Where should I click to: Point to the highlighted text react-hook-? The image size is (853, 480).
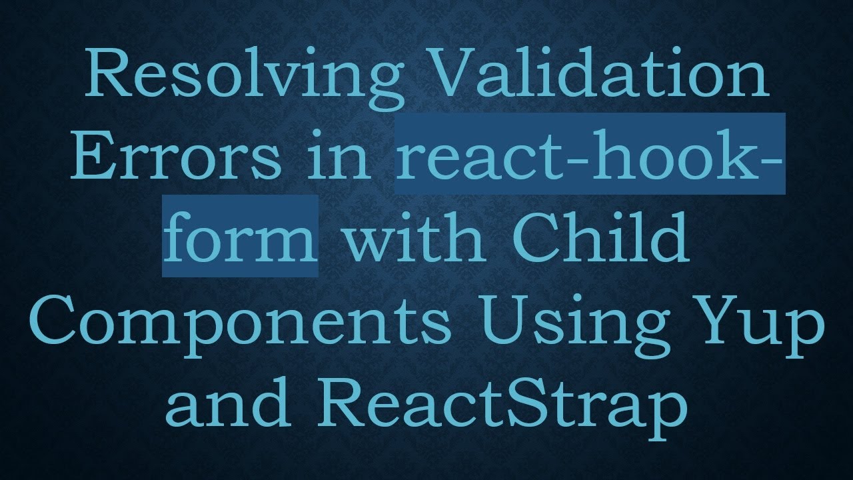point(589,155)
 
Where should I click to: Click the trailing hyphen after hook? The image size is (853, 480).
point(771,160)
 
